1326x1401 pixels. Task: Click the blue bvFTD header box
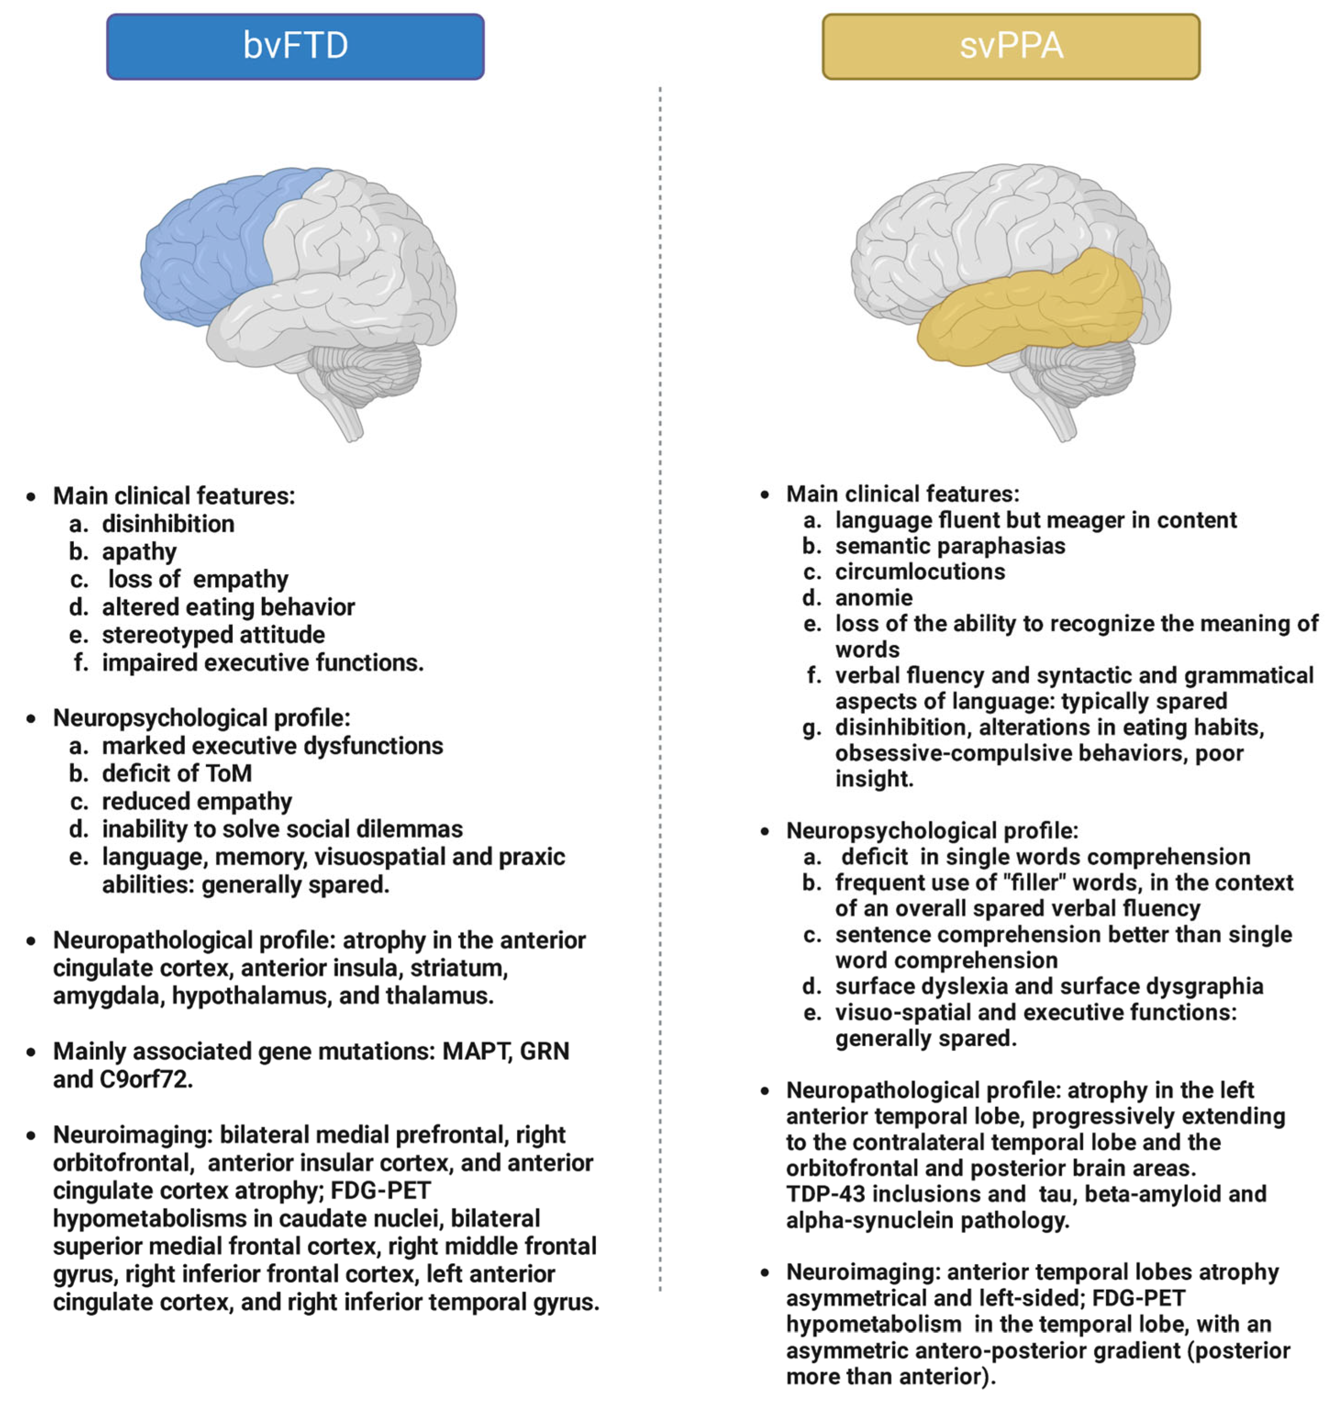click(x=295, y=46)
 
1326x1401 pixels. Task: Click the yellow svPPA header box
click(x=1011, y=46)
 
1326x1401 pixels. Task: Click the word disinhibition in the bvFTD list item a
click(x=168, y=524)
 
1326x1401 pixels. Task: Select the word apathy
click(x=139, y=552)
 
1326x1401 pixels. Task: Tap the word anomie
click(x=874, y=598)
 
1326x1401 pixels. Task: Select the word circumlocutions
click(x=920, y=572)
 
